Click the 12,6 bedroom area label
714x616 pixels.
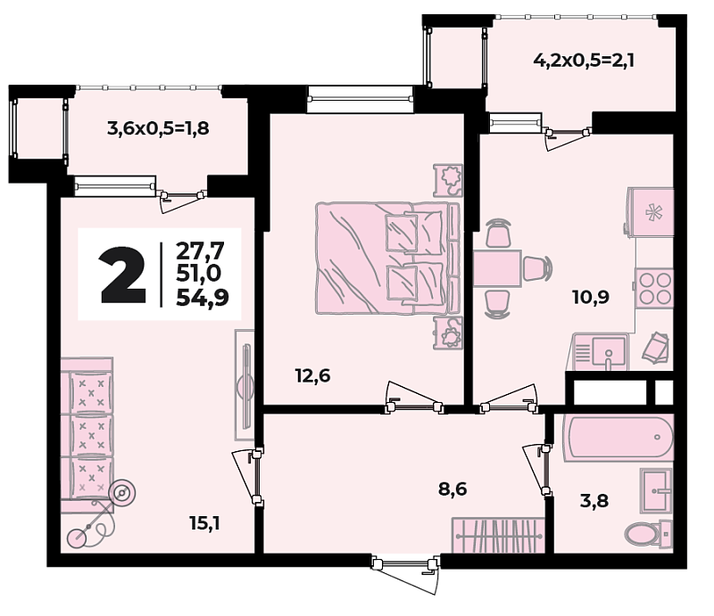click(x=312, y=377)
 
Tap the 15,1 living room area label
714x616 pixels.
click(x=205, y=524)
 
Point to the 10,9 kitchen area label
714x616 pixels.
click(x=591, y=298)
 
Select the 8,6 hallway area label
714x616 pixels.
click(x=452, y=489)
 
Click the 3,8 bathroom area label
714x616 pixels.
click(x=594, y=501)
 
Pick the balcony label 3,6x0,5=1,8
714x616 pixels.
click(x=158, y=128)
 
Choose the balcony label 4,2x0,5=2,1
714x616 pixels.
click(x=585, y=60)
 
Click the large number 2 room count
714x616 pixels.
click(x=123, y=275)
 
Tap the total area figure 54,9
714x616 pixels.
click(x=203, y=298)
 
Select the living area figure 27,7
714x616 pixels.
click(x=200, y=251)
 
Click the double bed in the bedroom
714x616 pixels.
click(x=387, y=258)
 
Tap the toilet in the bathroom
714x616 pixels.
click(x=648, y=533)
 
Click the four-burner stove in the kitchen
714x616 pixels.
click(x=654, y=289)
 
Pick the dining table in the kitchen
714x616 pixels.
click(x=497, y=268)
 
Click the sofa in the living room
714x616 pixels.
click(x=87, y=434)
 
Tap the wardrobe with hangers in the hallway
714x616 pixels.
click(x=498, y=535)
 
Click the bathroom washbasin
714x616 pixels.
click(x=656, y=490)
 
